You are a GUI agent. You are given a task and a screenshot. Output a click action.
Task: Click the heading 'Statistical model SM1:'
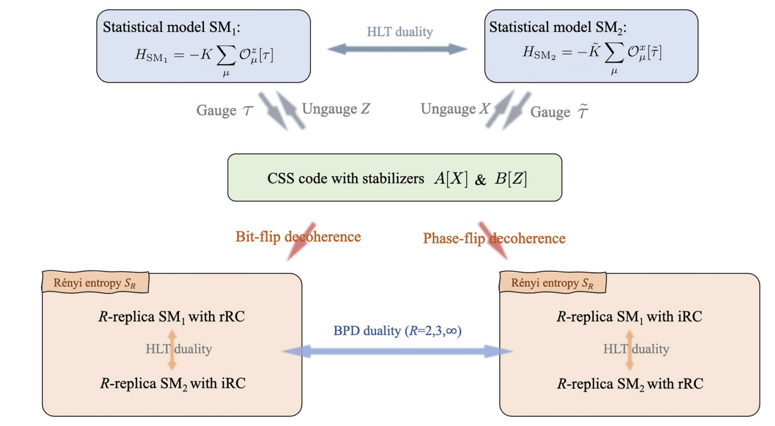point(171,27)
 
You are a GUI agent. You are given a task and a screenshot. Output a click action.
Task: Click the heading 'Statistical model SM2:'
point(558,27)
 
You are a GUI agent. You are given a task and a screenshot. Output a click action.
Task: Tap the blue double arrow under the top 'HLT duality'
point(397,49)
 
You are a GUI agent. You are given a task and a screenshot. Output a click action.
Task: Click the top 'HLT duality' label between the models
point(400,32)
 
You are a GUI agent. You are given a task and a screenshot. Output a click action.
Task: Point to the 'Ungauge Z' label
point(336,109)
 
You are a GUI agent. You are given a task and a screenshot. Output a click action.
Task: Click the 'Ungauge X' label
point(455,109)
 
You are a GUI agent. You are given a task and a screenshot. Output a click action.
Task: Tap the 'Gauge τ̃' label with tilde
point(559,112)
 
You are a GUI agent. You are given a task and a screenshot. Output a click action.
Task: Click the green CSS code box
point(394,178)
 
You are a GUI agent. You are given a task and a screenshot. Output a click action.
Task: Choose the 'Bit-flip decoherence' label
point(298,237)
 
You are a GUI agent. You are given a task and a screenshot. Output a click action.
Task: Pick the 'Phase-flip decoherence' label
point(494,238)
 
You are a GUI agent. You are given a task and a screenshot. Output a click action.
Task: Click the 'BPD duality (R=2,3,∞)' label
point(397,331)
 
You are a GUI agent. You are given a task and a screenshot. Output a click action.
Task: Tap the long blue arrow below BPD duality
point(397,351)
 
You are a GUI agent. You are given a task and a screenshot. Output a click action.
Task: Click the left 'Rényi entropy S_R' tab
point(95,283)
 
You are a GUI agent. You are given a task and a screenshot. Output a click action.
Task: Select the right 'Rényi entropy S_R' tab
point(552,283)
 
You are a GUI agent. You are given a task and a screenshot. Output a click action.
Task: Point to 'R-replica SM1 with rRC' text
point(172,317)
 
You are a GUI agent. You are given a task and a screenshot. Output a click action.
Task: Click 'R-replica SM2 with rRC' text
point(630,384)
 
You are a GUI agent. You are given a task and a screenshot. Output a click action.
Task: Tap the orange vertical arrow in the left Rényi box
point(172,350)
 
